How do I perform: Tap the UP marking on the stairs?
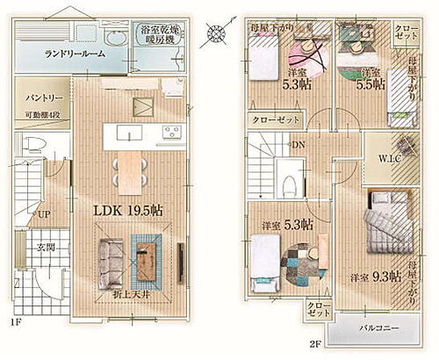pyautogui.click(x=42, y=213)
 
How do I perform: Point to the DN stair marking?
pyautogui.click(x=299, y=145)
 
